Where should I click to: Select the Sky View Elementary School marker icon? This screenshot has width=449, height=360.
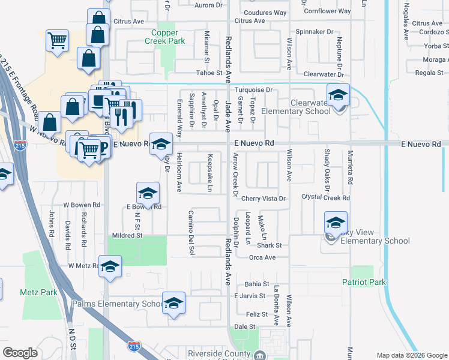(x=336, y=224)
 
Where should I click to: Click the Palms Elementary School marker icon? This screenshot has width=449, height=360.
(x=173, y=304)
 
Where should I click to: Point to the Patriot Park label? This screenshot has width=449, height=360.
(x=364, y=281)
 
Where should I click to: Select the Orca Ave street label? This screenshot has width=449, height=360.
(x=262, y=257)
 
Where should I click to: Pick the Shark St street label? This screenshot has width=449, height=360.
(x=270, y=245)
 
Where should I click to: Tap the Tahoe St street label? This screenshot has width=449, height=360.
(x=210, y=73)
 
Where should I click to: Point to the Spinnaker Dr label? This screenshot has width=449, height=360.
(x=315, y=31)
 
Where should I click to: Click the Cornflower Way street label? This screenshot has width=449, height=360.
(x=327, y=11)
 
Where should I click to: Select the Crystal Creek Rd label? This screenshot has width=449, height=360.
(x=325, y=197)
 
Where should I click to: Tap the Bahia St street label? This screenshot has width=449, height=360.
(x=256, y=284)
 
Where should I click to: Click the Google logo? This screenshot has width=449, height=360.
(x=20, y=353)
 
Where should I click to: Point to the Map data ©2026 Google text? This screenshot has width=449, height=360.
(x=406, y=355)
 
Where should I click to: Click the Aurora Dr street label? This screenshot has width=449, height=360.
(x=210, y=5)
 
